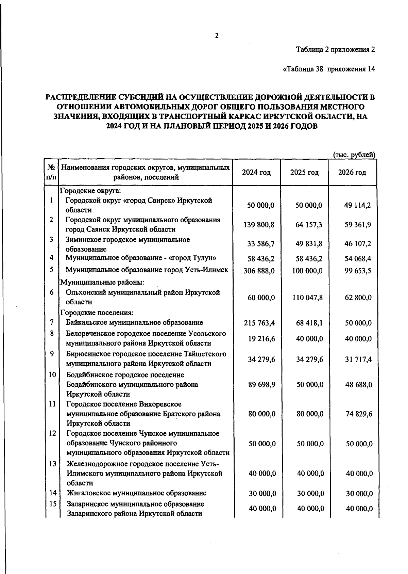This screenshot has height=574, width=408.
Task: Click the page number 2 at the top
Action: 217,36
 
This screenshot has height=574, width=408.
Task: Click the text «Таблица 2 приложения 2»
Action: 335,50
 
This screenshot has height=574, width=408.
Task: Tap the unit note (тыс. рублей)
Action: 354,155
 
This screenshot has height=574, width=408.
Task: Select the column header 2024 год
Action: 256,172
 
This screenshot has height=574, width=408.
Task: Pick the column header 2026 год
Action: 352,172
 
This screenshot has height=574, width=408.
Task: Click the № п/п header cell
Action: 51,172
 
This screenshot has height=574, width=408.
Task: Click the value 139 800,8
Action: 259,225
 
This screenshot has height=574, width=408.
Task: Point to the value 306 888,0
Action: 259,271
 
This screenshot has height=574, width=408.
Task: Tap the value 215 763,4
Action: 259,323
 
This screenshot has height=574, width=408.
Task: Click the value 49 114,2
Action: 357,205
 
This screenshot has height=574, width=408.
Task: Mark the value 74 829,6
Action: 359,414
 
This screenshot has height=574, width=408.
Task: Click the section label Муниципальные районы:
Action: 102,282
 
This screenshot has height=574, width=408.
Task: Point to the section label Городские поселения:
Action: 97,312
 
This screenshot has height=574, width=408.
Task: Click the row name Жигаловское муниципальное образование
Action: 136,493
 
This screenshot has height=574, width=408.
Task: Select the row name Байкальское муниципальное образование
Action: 135,322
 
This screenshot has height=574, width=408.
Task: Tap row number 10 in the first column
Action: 52,375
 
